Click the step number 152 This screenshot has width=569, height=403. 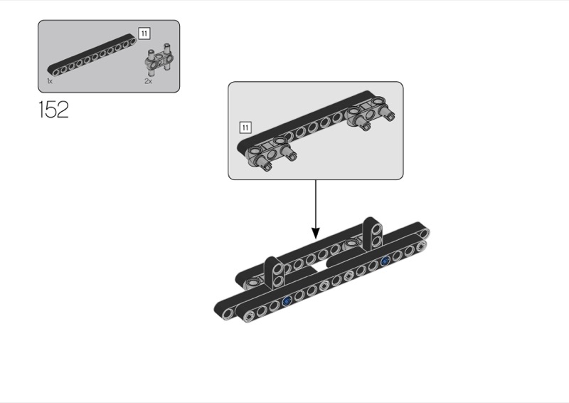pos(53,110)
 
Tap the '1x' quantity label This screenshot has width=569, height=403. pos(50,82)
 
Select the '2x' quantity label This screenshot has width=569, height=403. pos(148,82)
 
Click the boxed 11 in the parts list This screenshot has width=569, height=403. pos(144,33)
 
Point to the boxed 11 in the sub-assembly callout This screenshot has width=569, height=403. pos(245,127)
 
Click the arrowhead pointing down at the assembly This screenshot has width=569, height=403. pos(316,233)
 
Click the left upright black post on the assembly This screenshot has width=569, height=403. pos(275,271)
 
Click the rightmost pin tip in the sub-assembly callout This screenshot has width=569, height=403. pos(391,116)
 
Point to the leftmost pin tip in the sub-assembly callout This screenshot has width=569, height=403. pos(265,167)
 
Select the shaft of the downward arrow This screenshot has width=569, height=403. pos(316,203)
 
